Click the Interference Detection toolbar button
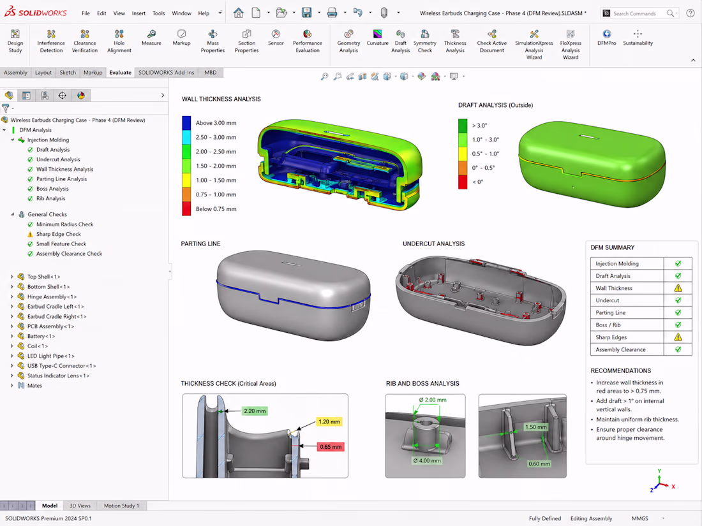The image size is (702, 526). click(51, 41)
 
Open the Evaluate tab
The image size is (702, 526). click(120, 73)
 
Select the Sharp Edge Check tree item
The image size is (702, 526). click(58, 234)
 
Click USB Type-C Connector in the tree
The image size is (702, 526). click(61, 366)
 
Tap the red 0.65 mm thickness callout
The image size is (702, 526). click(331, 447)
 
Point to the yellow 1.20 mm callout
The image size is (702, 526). click(329, 422)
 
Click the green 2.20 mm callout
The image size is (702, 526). click(255, 411)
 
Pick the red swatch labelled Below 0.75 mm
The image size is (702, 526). click(186, 209)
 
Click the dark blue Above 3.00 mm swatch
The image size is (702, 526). click(186, 123)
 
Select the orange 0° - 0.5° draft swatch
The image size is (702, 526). click(463, 168)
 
